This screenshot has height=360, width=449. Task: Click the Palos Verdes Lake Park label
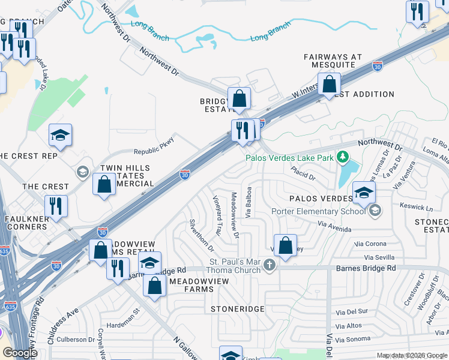pyautogui.click(x=289, y=158)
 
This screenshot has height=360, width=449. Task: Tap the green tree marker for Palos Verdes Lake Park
pyautogui.click(x=342, y=157)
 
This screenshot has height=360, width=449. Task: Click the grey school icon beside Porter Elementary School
pyautogui.click(x=375, y=210)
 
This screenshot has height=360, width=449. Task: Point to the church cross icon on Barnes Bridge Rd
pyautogui.click(x=270, y=265)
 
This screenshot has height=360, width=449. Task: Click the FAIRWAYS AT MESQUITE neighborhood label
pyautogui.click(x=333, y=61)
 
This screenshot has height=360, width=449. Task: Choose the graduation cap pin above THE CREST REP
pyautogui.click(x=60, y=135)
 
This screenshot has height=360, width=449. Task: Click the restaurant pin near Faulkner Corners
pyautogui.click(x=56, y=206)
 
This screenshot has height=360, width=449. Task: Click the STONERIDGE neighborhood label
pyautogui.click(x=238, y=308)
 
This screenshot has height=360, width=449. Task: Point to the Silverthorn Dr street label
pyautogui.click(x=201, y=235)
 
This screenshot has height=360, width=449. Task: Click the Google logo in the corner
pyautogui.click(x=20, y=353)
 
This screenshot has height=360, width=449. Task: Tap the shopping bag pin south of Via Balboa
pyautogui.click(x=286, y=246)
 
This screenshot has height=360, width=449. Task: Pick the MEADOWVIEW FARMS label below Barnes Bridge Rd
pyautogui.click(x=191, y=285)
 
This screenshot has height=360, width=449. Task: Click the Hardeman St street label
pyautogui.click(x=123, y=318)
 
